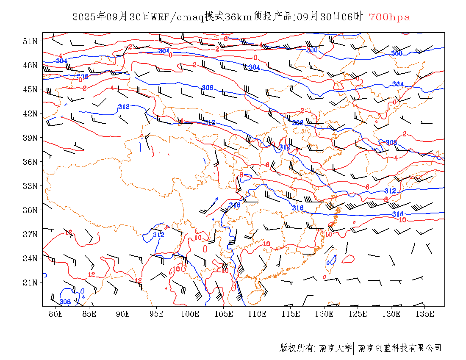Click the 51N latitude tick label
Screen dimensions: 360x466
[31, 41]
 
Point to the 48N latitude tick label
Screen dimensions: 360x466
[31, 65]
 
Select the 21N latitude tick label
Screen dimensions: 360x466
[31, 282]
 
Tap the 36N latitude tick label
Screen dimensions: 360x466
[31, 162]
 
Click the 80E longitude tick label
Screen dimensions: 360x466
[56, 314]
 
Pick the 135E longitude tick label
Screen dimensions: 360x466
[425, 314]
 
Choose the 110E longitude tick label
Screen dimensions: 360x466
[257, 314]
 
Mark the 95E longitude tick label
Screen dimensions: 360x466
[157, 314]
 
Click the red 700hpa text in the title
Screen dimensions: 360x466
[389, 17]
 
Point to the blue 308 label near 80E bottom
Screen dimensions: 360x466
[65, 302]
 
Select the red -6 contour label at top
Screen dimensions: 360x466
[225, 39]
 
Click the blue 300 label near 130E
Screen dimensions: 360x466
[397, 53]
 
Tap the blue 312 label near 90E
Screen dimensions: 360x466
[123, 107]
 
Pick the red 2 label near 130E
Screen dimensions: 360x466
[405, 134]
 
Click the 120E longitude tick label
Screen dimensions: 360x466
[324, 314]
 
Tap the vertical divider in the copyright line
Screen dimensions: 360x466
[354, 348]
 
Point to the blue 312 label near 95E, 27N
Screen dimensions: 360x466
[158, 235]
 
